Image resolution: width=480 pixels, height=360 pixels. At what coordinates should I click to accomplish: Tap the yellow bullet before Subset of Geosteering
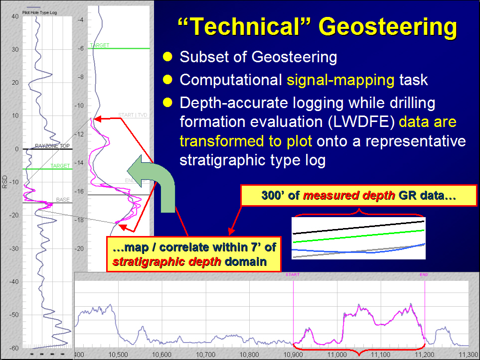click(168, 57)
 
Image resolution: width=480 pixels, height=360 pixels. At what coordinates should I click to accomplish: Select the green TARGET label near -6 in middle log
click(99, 45)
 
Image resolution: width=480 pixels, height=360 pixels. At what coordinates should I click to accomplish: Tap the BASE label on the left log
click(63, 200)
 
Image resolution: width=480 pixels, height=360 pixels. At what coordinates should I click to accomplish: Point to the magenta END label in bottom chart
click(424, 274)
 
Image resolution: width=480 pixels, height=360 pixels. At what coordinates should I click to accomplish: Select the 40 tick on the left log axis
click(15, 16)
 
